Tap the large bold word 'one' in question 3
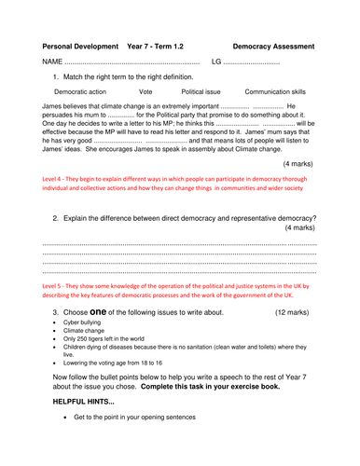click(102, 311)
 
